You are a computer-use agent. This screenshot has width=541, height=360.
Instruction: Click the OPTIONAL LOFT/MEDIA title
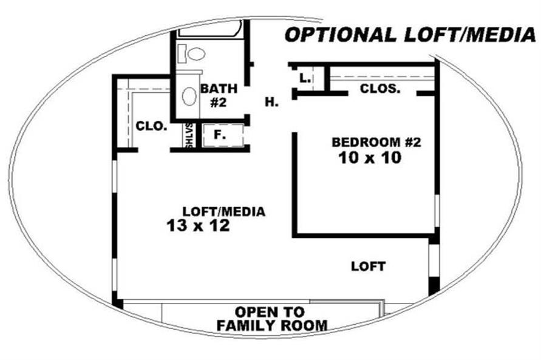(410, 35)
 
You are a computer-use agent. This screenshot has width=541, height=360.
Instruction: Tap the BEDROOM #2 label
(376, 142)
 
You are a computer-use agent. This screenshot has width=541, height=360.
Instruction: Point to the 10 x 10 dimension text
(370, 158)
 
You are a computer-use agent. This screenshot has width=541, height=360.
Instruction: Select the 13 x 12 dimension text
(199, 226)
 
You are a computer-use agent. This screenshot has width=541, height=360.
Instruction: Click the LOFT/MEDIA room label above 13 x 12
(224, 211)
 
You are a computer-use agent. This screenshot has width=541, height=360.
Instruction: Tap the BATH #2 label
(219, 95)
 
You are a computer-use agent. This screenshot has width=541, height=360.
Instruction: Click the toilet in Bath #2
(192, 54)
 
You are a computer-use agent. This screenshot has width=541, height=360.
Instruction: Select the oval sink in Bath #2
(189, 96)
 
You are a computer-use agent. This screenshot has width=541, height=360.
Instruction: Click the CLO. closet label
(151, 126)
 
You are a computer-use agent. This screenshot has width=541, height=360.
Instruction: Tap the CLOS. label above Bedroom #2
(380, 89)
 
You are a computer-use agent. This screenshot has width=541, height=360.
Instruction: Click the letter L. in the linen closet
(305, 78)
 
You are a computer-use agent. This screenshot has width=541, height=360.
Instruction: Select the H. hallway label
(272, 102)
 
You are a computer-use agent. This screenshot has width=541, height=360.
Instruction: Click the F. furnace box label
(220, 135)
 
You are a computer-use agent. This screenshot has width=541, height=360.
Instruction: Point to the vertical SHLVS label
(189, 135)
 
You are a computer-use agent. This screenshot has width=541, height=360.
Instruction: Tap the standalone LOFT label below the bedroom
(368, 267)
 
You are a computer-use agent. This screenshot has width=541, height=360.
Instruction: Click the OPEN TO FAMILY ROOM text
(272, 319)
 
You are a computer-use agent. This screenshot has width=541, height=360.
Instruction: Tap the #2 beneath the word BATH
(218, 103)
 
